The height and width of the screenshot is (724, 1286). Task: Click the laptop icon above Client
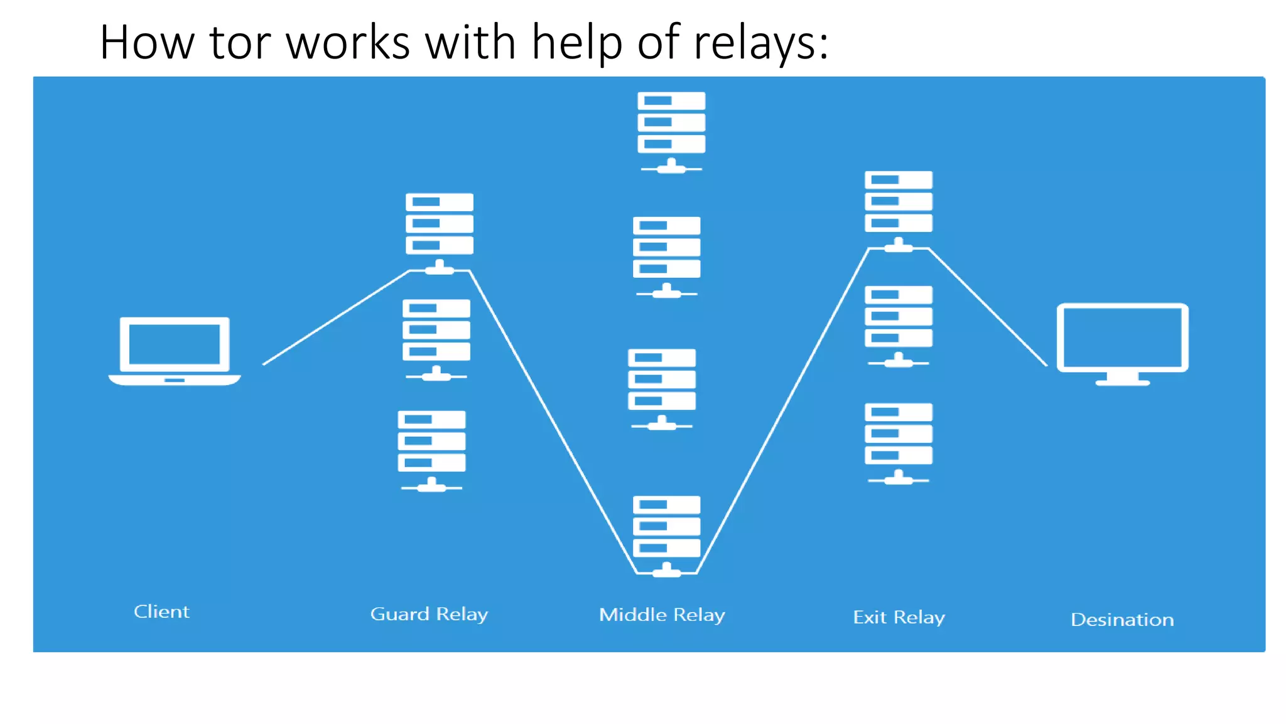point(175,350)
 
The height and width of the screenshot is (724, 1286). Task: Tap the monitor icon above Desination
point(1122,343)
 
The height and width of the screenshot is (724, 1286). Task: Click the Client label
point(161,612)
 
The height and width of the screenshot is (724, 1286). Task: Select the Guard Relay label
point(429,614)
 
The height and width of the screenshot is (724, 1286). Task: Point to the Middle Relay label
point(662,615)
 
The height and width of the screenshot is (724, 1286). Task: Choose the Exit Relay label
point(899,617)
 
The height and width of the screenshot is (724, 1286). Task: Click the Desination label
point(1122,620)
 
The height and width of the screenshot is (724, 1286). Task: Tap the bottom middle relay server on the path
point(666,534)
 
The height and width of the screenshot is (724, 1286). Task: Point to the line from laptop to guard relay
point(336,317)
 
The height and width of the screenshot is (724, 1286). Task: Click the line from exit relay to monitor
point(988,307)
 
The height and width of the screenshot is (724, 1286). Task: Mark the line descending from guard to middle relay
point(553,421)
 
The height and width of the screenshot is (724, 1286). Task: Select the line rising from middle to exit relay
point(782,412)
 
